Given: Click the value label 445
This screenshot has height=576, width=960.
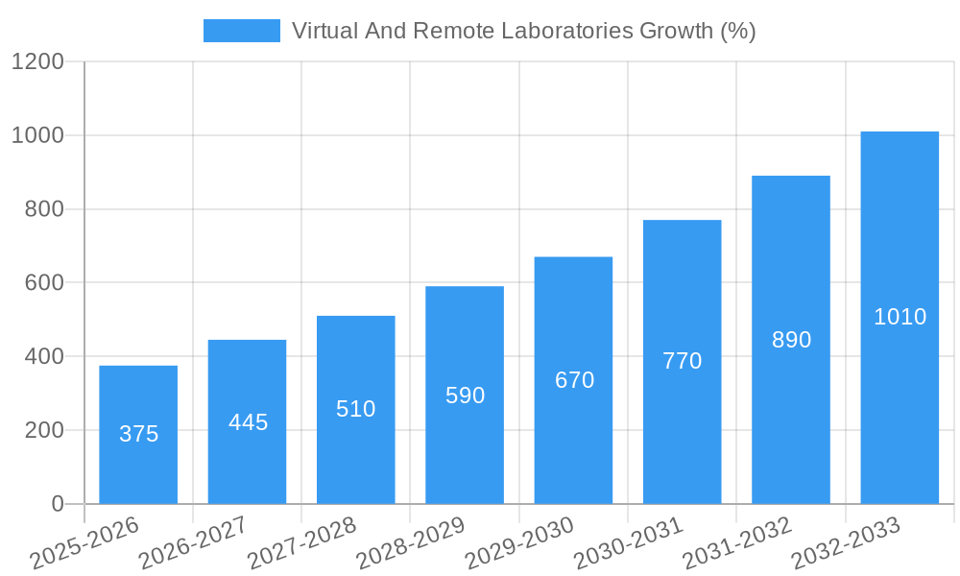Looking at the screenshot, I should [x=248, y=422].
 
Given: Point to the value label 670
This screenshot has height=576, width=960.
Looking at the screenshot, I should [x=574, y=380].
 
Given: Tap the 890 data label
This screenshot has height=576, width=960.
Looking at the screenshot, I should [x=791, y=340].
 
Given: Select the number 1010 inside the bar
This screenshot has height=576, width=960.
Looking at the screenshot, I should [x=900, y=317].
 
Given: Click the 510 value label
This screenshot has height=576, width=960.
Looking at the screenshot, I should [x=356, y=409].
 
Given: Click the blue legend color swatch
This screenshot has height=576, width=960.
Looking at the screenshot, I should [x=241, y=31].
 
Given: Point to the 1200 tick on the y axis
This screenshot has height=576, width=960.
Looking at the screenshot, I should [x=37, y=62].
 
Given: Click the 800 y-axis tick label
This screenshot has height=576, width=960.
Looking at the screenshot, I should [x=44, y=209].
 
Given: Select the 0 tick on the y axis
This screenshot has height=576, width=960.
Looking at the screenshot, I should [x=57, y=504].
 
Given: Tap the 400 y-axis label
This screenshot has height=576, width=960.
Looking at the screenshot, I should [x=44, y=357].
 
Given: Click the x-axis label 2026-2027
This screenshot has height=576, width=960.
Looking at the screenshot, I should [x=193, y=544].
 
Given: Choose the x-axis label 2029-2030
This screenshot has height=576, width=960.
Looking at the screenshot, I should [x=519, y=544].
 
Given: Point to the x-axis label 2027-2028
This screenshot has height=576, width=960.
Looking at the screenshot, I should [x=301, y=544].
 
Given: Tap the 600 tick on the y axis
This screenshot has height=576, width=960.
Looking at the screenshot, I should [x=44, y=283].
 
